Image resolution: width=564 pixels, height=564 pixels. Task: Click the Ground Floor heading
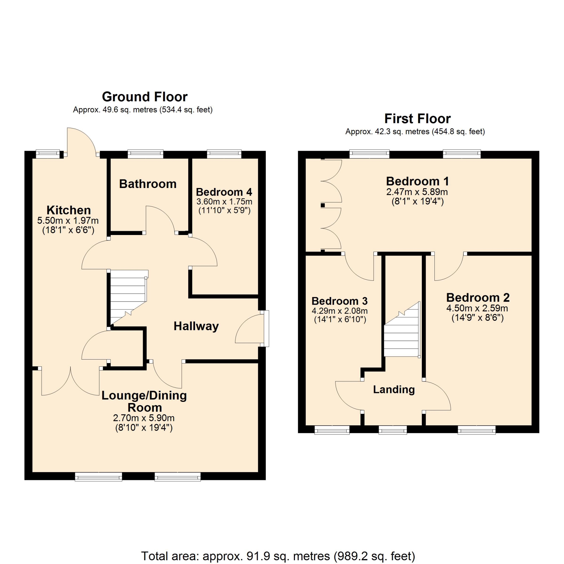pyautogui.click(x=145, y=97)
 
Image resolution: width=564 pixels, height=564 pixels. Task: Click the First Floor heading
pyautogui.click(x=417, y=119)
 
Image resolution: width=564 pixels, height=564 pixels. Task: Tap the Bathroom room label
pyautogui.click(x=148, y=184)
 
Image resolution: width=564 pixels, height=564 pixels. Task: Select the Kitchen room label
pyautogui.click(x=68, y=210)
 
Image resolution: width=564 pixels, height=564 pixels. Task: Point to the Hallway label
pyautogui.click(x=196, y=326)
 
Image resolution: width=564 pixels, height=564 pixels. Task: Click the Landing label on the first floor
pyautogui.click(x=394, y=390)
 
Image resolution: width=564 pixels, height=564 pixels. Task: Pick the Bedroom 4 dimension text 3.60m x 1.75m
pyautogui.click(x=224, y=202)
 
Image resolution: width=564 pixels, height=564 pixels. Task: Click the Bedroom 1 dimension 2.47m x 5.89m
pyautogui.click(x=417, y=192)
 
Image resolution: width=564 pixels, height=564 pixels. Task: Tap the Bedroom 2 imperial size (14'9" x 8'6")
pyautogui.click(x=478, y=318)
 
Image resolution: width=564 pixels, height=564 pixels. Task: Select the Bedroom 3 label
pyautogui.click(x=340, y=301)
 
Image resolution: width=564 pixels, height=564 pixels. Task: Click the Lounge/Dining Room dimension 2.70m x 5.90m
pyautogui.click(x=144, y=418)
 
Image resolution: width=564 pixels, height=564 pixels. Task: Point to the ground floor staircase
pyautogui.click(x=128, y=297)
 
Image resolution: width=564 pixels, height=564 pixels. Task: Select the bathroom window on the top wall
pyautogui.click(x=145, y=154)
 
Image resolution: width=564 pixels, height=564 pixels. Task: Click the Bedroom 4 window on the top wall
pyautogui.click(x=224, y=154)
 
